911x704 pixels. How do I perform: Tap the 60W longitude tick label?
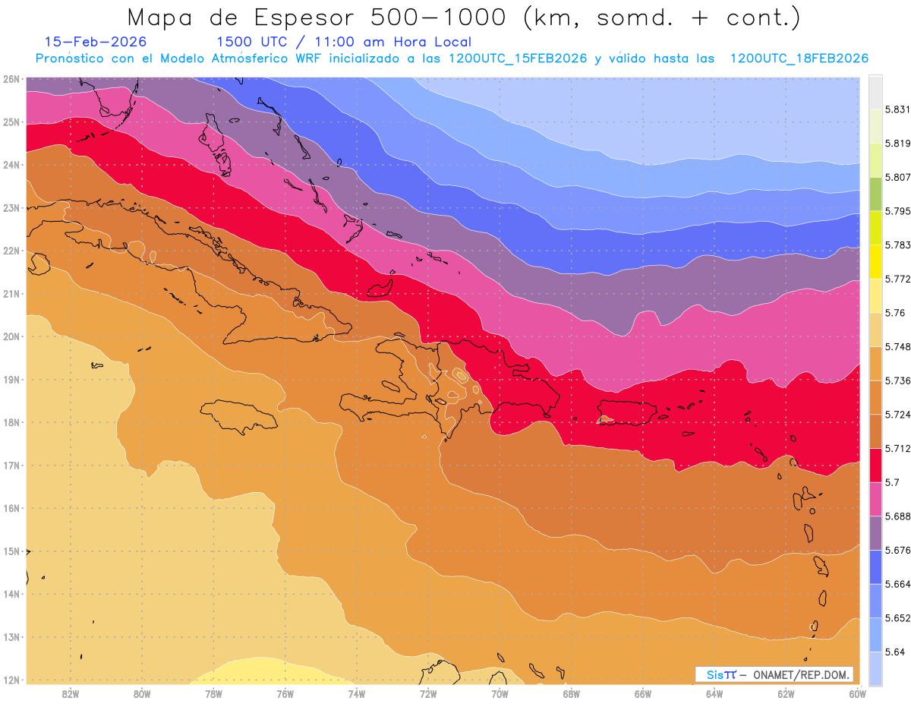click(x=858, y=693)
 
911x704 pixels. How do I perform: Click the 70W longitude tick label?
click(x=500, y=693)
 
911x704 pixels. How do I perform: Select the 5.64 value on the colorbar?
click(x=894, y=652)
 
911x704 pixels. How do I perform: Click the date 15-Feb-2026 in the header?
click(x=96, y=42)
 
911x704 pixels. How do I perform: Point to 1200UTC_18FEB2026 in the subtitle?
click(x=799, y=58)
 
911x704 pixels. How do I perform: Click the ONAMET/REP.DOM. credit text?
click(x=802, y=674)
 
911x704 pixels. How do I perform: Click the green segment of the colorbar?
click(x=875, y=194)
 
